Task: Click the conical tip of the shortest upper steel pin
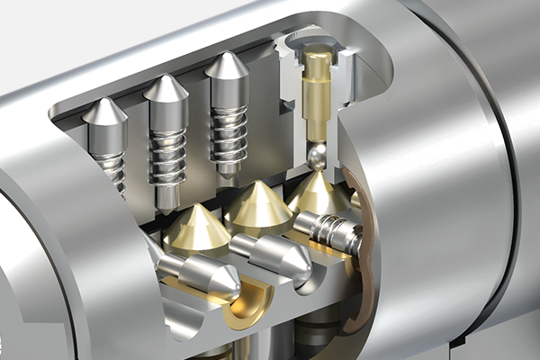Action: pyautogui.click(x=104, y=112)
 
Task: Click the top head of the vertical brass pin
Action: pyautogui.click(x=316, y=60)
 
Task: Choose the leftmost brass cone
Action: pyautogui.click(x=196, y=229)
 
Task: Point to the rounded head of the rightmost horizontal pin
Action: pyautogui.click(x=306, y=225)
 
